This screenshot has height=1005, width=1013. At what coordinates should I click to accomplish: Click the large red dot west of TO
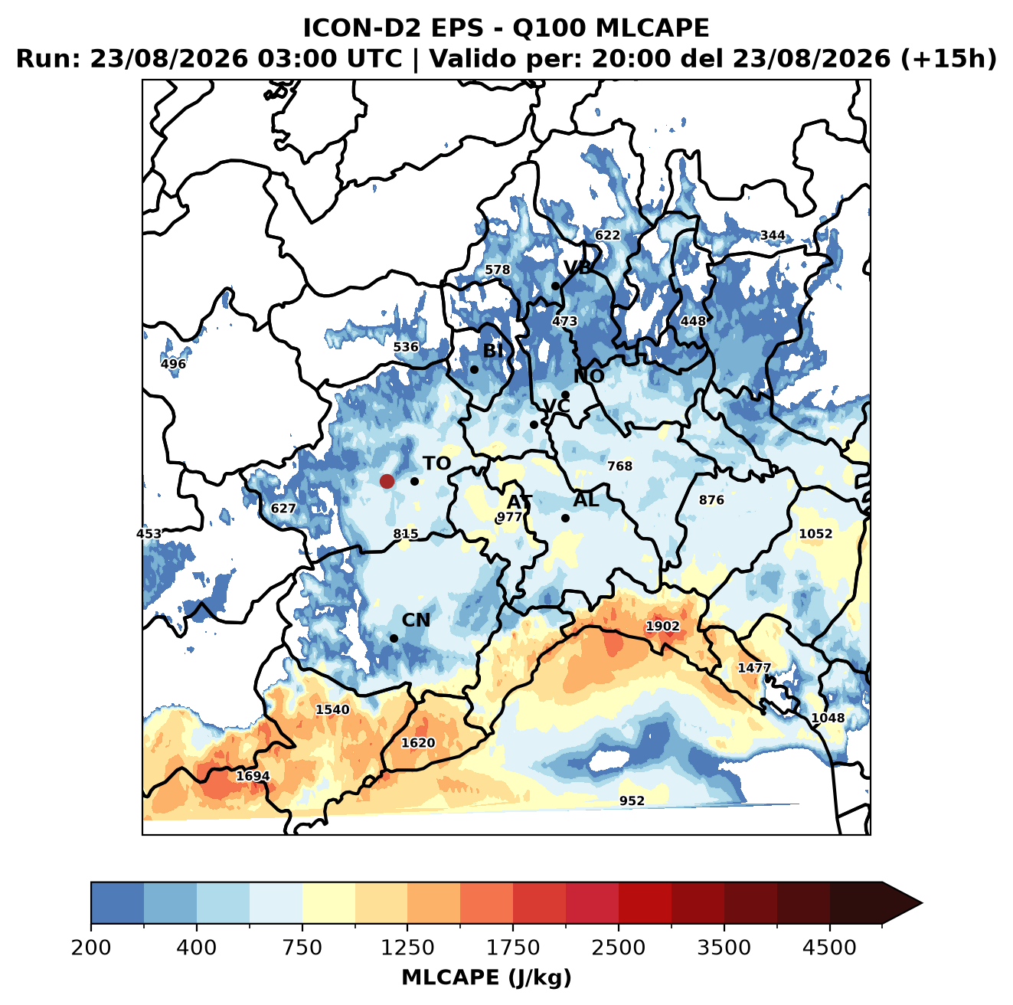[387, 481]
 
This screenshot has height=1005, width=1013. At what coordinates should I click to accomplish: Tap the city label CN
[415, 620]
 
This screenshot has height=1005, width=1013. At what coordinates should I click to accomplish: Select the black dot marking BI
[474, 369]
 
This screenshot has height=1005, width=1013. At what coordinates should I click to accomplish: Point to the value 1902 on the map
[662, 626]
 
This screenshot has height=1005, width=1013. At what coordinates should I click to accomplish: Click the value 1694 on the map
[253, 776]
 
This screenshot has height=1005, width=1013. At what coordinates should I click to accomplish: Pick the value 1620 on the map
[418, 742]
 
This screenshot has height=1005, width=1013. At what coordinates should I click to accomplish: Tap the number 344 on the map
[773, 235]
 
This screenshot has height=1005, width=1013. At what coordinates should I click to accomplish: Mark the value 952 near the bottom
[632, 800]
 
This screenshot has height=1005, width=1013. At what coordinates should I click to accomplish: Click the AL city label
[586, 499]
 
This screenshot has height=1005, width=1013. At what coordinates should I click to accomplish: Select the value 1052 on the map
[815, 534]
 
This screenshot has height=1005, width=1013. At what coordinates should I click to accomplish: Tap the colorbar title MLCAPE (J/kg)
[486, 977]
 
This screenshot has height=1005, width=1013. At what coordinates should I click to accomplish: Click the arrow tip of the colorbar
[922, 903]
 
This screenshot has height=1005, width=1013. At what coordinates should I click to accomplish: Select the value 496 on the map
[173, 363]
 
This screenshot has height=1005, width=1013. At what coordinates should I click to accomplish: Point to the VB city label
[577, 267]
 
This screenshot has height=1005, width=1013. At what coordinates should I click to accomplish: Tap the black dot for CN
[394, 638]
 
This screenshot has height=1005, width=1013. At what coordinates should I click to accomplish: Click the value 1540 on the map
[332, 709]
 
